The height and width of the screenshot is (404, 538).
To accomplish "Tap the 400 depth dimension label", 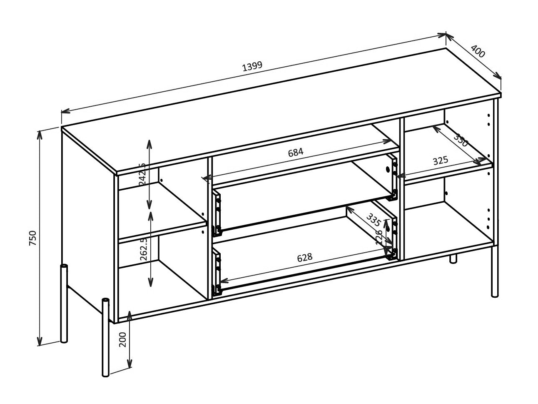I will pos(478,51).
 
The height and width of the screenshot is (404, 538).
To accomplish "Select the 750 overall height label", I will pos(33,238).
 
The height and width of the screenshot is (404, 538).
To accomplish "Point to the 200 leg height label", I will pos(122,340).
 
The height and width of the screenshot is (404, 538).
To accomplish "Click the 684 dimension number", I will pos(296,152).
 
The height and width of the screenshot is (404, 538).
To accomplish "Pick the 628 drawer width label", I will pos(304,258).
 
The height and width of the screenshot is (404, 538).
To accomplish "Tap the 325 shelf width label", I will pos(440,160).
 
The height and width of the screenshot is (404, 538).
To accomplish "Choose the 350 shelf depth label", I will pos(461,140).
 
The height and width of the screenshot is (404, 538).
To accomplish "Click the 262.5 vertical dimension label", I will pos(144,249).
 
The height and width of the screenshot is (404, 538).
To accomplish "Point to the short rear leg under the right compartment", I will pos(453,258).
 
